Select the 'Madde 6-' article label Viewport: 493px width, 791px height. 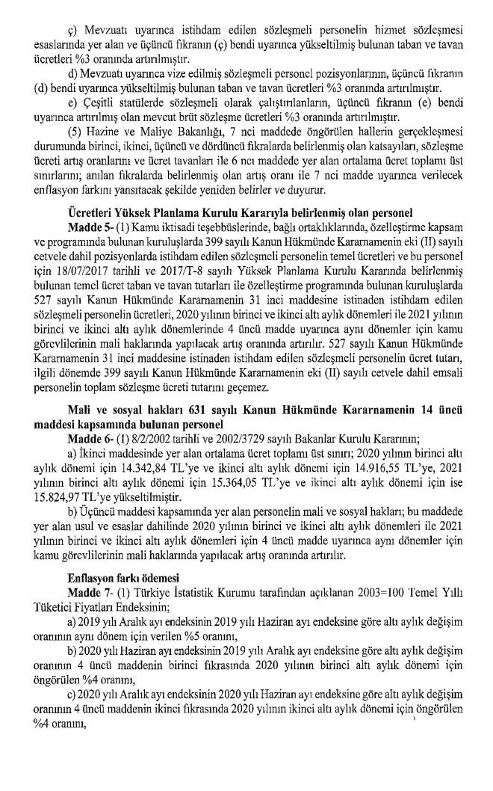click(x=89, y=437)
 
